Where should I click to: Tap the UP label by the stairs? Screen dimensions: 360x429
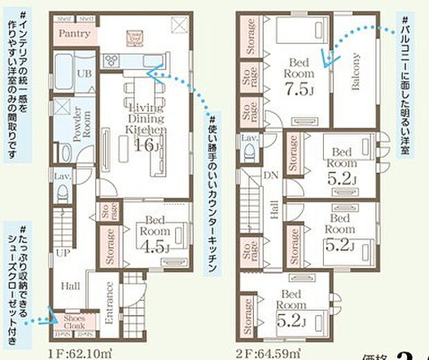(x=63, y=252)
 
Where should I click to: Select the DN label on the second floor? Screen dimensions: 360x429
(x=272, y=175)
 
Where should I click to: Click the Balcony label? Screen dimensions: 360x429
(x=354, y=73)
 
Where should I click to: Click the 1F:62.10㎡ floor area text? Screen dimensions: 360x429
(x=82, y=354)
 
